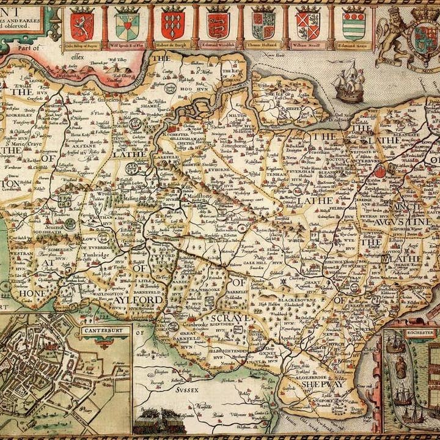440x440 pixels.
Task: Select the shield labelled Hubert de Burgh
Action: pos(173,24)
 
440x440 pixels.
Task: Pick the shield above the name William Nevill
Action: pos(307,24)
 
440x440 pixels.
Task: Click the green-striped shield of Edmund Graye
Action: pos(353,24)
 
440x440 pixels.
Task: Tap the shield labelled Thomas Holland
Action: pos(263,24)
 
